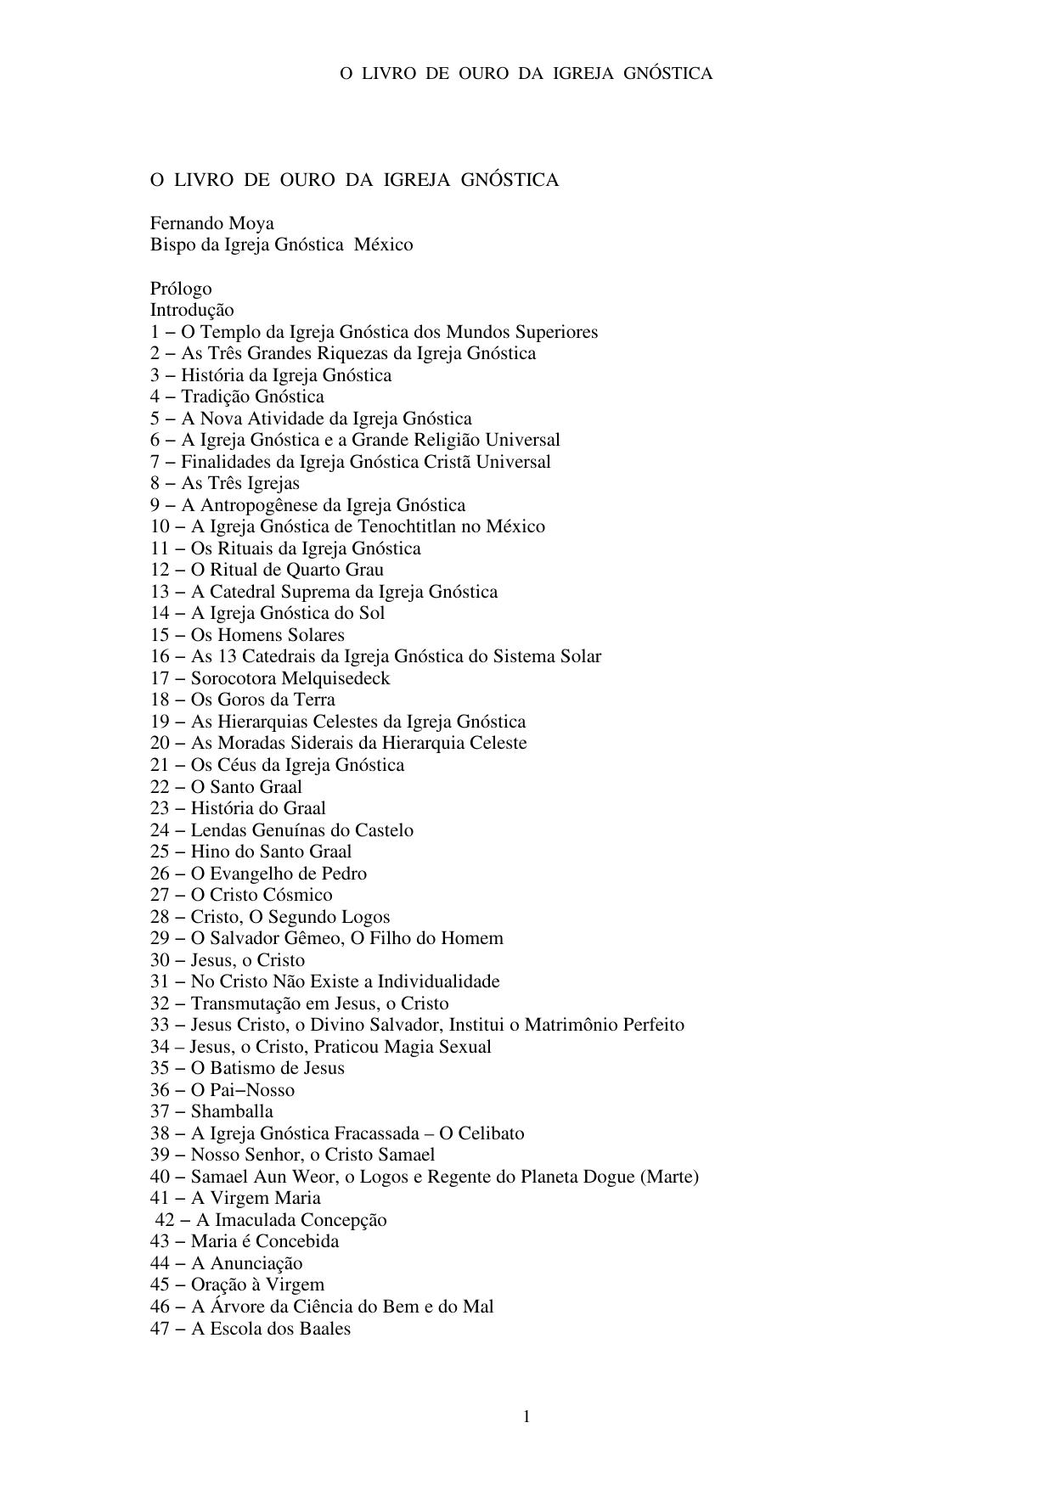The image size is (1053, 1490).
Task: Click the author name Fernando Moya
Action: pyautogui.click(x=212, y=223)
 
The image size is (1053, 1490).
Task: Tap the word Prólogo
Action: pyautogui.click(x=181, y=289)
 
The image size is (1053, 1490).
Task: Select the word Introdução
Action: pyautogui.click(x=192, y=310)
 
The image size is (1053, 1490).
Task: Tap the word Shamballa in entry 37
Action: pyautogui.click(x=232, y=1111)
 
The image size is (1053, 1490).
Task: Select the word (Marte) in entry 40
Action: pyautogui.click(x=670, y=1177)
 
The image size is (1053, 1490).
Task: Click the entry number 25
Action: pyautogui.click(x=160, y=852)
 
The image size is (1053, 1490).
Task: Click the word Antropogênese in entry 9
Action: pyautogui.click(x=264, y=505)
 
